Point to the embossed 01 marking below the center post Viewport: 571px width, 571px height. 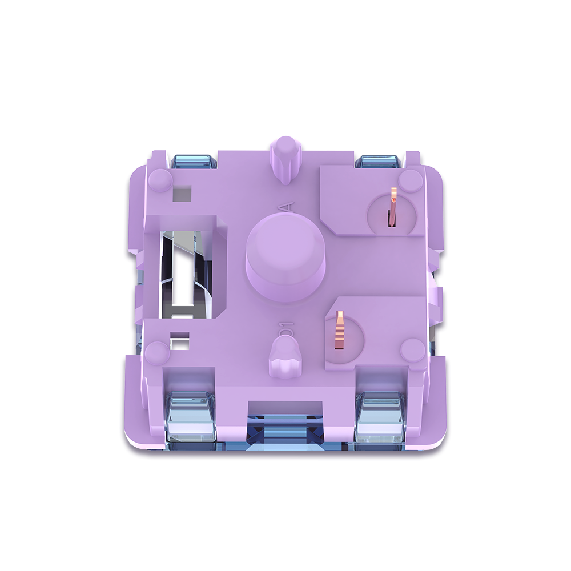click(286, 330)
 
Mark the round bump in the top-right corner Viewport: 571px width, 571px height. click(409, 180)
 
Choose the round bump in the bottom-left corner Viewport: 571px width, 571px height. click(156, 352)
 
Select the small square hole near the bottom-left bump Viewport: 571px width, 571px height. click(180, 343)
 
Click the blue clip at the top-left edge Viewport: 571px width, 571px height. click(194, 162)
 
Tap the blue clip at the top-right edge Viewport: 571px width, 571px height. click(377, 162)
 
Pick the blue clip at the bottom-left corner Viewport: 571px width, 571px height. click(191, 420)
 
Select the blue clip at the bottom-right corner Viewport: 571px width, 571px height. click(379, 420)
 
